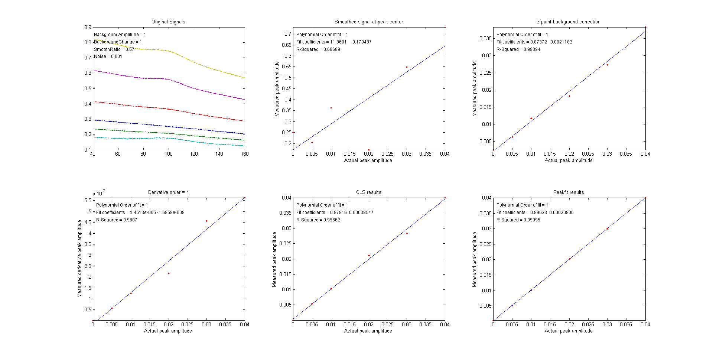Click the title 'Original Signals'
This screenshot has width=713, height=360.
click(x=168, y=22)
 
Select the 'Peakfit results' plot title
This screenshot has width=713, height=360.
click(x=569, y=192)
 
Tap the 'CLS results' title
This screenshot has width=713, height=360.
click(x=368, y=192)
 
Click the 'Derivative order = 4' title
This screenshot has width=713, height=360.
click(x=168, y=192)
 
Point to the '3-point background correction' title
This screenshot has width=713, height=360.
click(x=568, y=22)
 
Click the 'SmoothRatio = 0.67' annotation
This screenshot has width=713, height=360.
click(x=114, y=49)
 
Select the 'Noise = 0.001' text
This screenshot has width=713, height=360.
click(x=108, y=56)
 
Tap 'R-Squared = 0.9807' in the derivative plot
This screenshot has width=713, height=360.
click(x=117, y=220)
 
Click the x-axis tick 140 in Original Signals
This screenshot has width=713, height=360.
click(x=219, y=154)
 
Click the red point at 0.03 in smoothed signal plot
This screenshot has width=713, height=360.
click(x=407, y=67)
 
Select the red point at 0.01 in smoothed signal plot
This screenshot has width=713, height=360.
click(x=331, y=108)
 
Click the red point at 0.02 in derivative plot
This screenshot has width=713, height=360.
click(x=169, y=273)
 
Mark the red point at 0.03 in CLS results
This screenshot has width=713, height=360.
click(x=407, y=233)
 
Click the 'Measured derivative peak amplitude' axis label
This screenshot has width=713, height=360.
click(x=79, y=259)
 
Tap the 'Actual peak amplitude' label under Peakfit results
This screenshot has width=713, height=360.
click(x=569, y=331)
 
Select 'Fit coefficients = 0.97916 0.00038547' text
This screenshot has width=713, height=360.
click(x=335, y=213)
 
